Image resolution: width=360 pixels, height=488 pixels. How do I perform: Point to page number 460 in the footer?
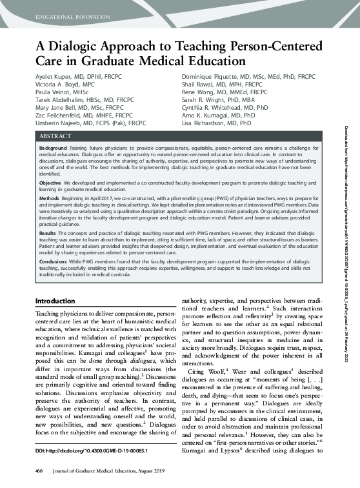(39, 478)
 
